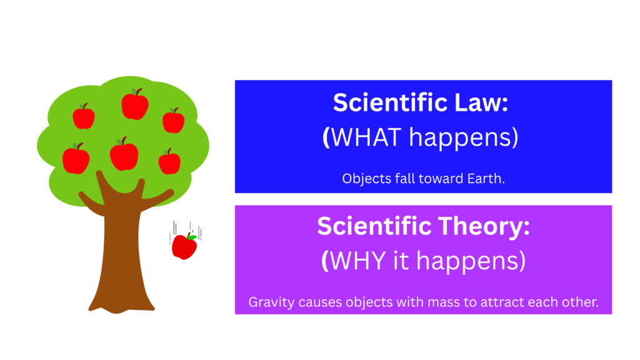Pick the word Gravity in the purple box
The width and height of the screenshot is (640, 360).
point(271,303)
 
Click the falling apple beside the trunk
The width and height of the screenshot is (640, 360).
point(184,246)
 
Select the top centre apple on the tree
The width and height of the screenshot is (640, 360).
point(135,104)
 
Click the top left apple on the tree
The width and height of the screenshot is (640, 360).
point(84,116)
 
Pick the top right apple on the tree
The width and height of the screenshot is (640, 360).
point(174,121)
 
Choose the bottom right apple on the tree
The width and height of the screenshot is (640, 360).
point(169,162)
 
